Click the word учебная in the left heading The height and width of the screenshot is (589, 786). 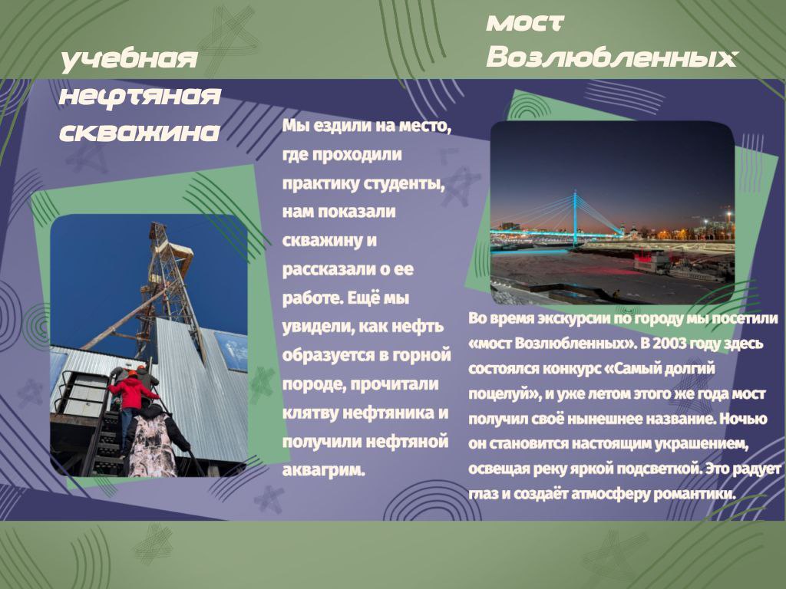click(x=129, y=60)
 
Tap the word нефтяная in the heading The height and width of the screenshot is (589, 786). click(x=140, y=95)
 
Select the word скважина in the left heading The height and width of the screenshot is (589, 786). click(x=140, y=132)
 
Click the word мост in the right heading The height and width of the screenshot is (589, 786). click(x=525, y=22)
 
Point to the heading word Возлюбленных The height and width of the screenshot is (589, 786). click(x=612, y=57)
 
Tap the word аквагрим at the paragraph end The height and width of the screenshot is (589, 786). click(x=324, y=470)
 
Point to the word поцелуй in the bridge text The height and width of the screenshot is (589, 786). click(x=504, y=394)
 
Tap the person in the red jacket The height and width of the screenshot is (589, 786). click(x=132, y=400)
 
